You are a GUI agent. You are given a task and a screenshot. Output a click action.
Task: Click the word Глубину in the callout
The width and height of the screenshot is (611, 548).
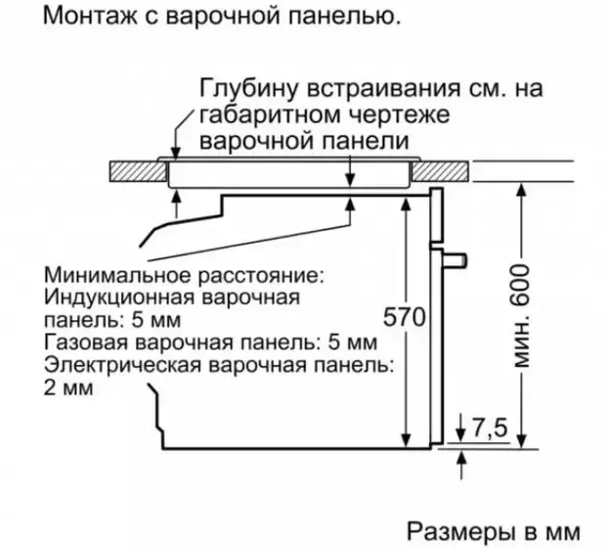(x=245, y=89)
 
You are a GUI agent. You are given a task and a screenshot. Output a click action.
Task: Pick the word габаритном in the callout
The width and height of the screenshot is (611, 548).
(x=254, y=115)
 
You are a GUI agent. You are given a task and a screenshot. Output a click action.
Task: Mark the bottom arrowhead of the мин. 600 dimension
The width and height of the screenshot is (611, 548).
(x=519, y=437)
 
